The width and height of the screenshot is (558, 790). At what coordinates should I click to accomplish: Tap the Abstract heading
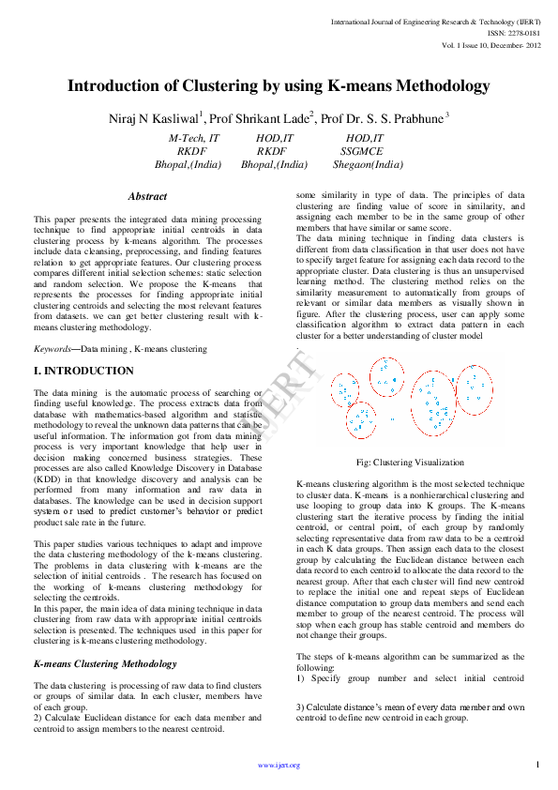(x=147, y=197)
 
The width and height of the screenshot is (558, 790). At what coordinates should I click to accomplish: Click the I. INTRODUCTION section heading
(x=83, y=372)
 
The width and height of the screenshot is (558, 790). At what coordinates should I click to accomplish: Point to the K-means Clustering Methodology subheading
(x=105, y=663)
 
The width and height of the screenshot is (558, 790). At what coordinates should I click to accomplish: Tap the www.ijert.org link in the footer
(x=279, y=765)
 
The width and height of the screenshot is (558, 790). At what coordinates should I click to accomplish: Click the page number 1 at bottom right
(x=537, y=765)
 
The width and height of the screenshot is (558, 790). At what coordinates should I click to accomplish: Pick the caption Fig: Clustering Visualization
(x=410, y=463)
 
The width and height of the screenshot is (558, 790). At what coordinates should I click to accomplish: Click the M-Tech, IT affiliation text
(x=193, y=137)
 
